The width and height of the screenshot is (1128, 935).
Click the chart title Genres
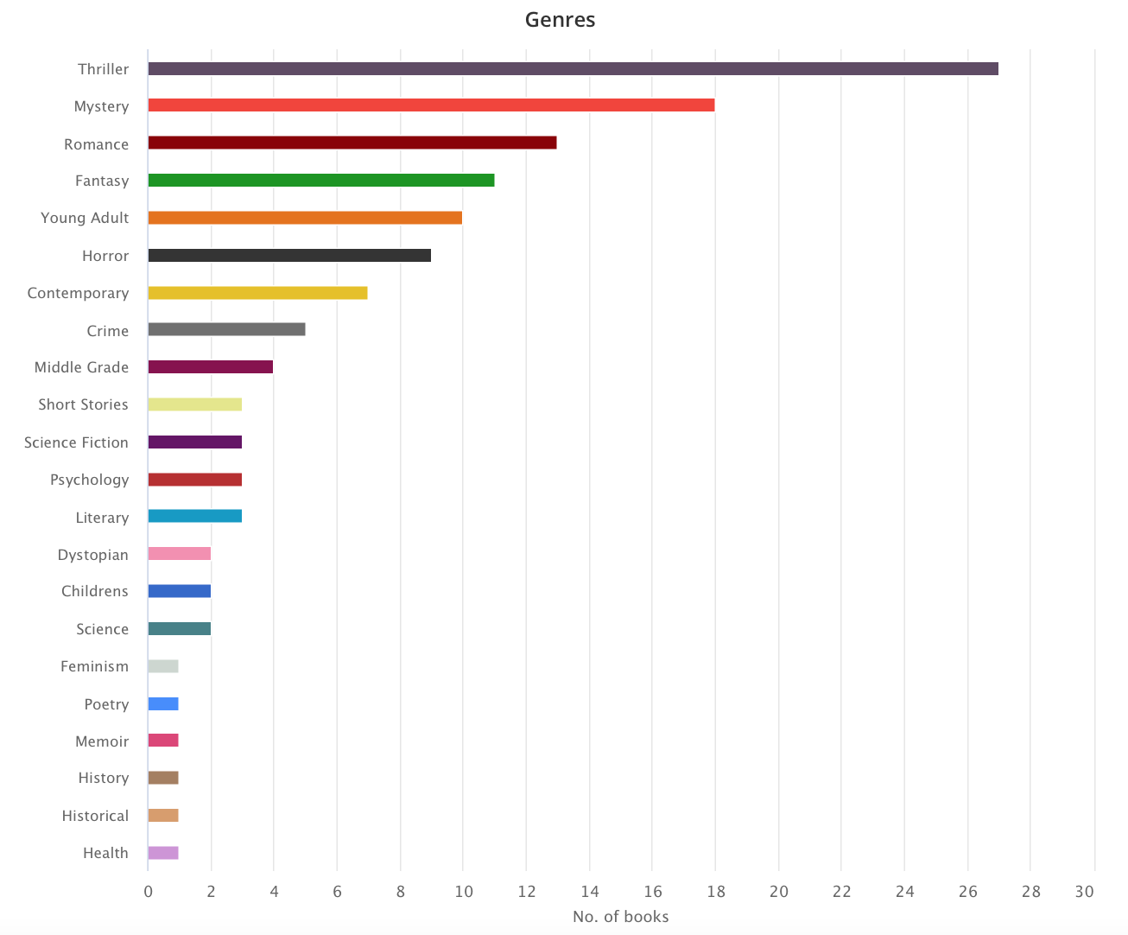[560, 20]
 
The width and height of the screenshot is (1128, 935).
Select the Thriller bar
[573, 69]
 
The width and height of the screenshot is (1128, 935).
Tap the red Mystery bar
[431, 105]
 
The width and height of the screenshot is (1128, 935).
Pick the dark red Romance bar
[352, 143]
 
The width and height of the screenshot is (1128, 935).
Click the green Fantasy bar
[320, 181]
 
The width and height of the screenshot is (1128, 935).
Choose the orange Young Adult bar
[305, 218]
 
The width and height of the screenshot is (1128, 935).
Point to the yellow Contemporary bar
[257, 293]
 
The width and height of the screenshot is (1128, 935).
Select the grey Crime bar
[226, 329]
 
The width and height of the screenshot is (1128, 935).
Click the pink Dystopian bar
[179, 554]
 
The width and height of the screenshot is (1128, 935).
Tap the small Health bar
[163, 853]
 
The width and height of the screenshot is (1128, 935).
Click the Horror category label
[105, 256]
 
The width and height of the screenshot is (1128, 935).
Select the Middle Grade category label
[81, 367]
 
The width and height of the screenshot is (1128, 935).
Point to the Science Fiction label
[76, 442]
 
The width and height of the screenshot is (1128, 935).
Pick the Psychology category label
[89, 480]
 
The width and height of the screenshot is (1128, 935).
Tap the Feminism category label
[94, 666]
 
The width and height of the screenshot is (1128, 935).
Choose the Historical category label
[95, 816]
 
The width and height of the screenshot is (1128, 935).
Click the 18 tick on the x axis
[715, 892]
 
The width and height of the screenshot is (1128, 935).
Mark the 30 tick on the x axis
[1085, 892]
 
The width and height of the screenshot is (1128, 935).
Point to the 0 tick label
[149, 892]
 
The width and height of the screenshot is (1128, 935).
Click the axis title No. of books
[620, 917]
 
